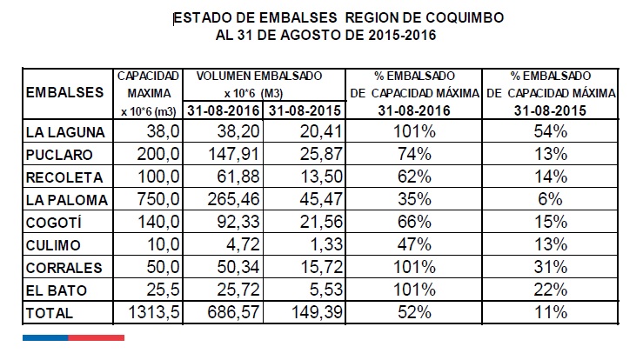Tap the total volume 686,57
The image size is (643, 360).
pos(232,310)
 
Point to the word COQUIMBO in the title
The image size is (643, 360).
pos(459,17)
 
